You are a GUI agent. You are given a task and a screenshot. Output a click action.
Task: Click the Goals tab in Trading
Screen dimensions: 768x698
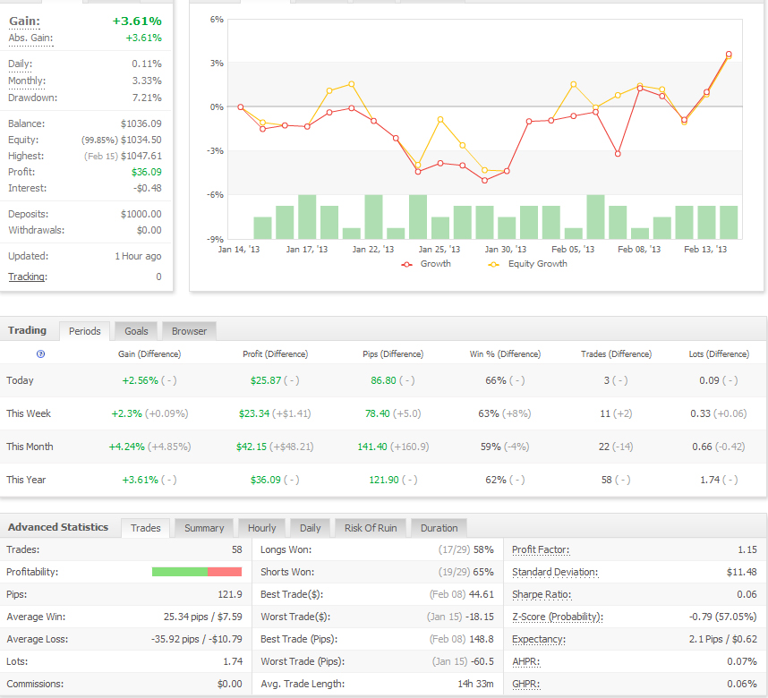(136, 331)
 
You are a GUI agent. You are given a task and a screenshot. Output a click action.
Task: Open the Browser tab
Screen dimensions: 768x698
(189, 331)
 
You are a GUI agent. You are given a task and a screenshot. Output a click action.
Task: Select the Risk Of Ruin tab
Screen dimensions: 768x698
(371, 528)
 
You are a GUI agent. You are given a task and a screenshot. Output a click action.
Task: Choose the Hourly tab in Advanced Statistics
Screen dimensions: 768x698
(261, 528)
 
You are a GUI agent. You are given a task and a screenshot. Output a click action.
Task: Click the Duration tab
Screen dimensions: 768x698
(439, 528)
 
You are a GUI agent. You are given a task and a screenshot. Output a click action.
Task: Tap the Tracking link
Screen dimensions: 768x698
(28, 277)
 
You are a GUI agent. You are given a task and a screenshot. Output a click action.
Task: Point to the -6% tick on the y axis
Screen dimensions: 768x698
(216, 195)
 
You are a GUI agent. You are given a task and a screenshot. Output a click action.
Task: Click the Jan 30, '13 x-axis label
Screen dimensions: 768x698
(506, 250)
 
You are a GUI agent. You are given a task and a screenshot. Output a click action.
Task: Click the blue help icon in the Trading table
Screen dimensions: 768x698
(40, 354)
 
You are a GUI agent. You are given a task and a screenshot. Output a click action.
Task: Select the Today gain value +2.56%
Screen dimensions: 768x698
(140, 380)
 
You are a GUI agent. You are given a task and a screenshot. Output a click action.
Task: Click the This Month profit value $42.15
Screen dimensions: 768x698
(252, 447)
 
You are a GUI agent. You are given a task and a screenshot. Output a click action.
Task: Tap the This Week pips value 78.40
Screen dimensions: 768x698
(377, 414)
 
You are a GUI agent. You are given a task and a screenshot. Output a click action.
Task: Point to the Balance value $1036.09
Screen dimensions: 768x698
(141, 123)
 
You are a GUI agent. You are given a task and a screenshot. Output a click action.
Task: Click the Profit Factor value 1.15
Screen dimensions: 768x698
(747, 549)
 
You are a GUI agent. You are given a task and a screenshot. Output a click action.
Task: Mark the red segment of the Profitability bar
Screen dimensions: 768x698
(225, 572)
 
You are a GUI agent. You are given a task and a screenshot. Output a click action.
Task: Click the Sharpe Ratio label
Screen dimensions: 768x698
(542, 595)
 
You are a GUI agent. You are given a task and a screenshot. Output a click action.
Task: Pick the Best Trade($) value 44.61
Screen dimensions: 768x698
(481, 595)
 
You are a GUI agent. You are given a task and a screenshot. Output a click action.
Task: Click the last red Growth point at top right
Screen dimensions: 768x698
(729, 55)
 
